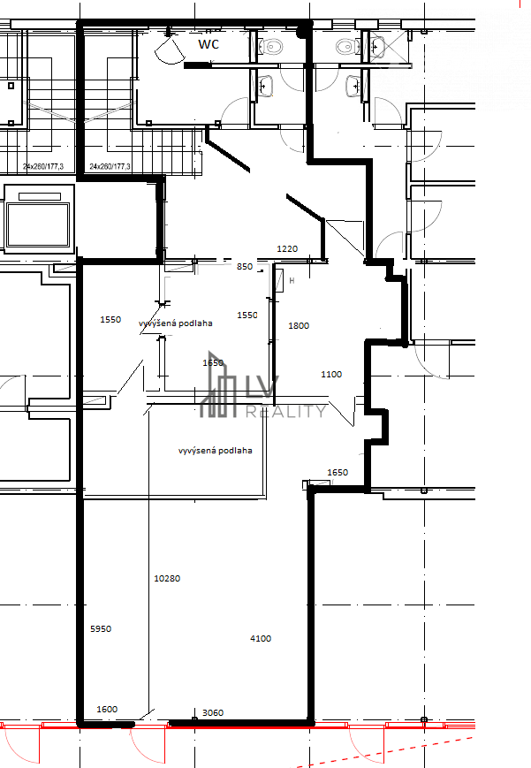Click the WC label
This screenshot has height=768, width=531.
click(x=208, y=42)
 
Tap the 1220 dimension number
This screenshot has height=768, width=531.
click(x=287, y=249)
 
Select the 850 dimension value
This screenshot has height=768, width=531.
click(x=245, y=266)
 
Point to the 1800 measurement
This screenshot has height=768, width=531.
click(x=299, y=325)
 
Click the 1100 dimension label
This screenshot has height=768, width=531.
click(x=330, y=375)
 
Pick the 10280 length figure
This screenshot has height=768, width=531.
click(x=166, y=579)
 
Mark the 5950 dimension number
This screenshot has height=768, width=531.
click(x=101, y=629)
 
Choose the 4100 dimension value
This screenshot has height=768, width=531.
click(x=261, y=638)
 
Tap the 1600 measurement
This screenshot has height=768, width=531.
click(x=106, y=709)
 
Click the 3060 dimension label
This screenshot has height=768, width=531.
click(x=212, y=712)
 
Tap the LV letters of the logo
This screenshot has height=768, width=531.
click(x=262, y=388)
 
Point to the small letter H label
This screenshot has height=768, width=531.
click(x=292, y=281)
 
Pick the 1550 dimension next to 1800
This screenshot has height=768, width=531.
click(x=247, y=315)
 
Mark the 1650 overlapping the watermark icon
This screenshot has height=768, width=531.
click(x=213, y=362)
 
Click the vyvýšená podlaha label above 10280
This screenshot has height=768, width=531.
click(x=215, y=450)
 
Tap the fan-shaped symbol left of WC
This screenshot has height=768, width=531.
click(x=167, y=49)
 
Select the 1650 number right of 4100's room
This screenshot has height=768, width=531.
click(x=338, y=473)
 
